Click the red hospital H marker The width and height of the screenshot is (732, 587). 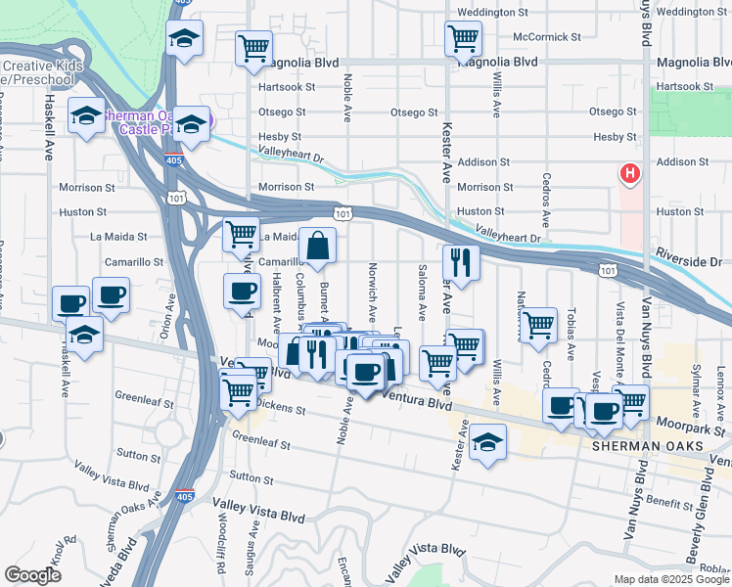point(630,174)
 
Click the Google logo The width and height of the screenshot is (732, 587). point(32,575)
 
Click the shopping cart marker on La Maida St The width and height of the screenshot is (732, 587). point(240,235)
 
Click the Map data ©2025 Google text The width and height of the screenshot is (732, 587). point(671,579)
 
